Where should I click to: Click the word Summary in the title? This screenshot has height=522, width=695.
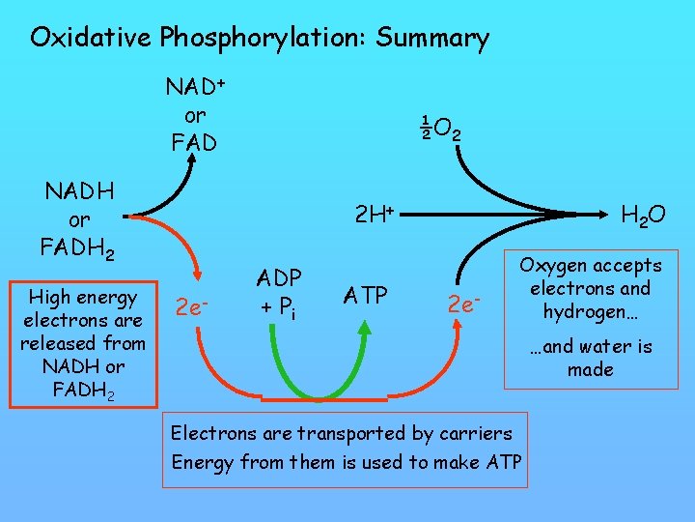pyautogui.click(x=432, y=39)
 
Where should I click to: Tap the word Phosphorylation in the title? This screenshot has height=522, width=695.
pyautogui.click(x=264, y=39)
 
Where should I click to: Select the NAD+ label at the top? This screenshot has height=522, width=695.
pyautogui.click(x=195, y=88)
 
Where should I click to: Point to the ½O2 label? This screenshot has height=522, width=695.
pyautogui.click(x=439, y=127)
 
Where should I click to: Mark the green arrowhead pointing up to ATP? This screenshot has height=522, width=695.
pyautogui.click(x=363, y=329)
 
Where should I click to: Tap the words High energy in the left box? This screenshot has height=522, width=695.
pyautogui.click(x=81, y=297)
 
